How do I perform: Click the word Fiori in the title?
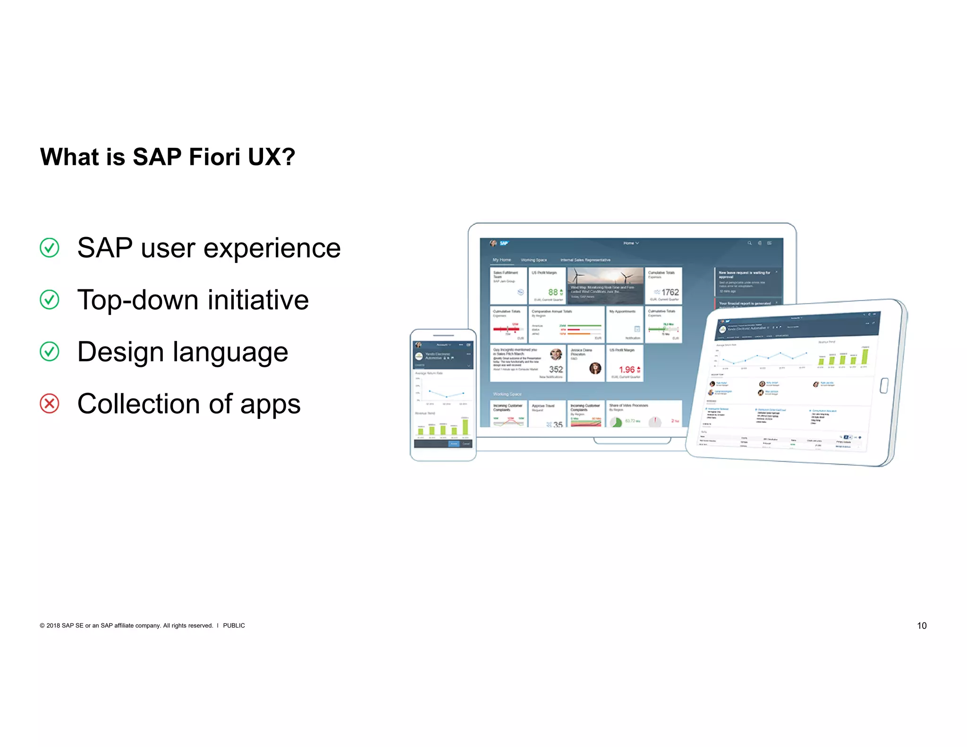pyautogui.click(x=214, y=157)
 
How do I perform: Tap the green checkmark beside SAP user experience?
pyautogui.click(x=50, y=247)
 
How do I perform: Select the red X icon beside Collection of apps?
pyautogui.click(x=50, y=404)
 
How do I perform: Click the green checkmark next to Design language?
pyautogui.click(x=50, y=352)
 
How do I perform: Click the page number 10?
pyautogui.click(x=921, y=626)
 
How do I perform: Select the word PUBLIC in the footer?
pyautogui.click(x=234, y=626)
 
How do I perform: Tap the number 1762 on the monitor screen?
pyautogui.click(x=670, y=292)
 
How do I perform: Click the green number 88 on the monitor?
pyautogui.click(x=552, y=292)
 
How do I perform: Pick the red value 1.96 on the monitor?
pyautogui.click(x=627, y=370)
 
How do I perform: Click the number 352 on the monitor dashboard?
pyautogui.click(x=555, y=370)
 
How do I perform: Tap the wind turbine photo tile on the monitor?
pyautogui.click(x=605, y=285)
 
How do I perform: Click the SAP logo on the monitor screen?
pyautogui.click(x=504, y=243)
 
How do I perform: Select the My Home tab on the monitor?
pyautogui.click(x=501, y=260)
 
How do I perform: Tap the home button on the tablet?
pyautogui.click(x=884, y=385)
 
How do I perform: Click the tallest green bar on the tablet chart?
pyautogui.click(x=865, y=355)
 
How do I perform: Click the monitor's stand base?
pyautogui.click(x=632, y=441)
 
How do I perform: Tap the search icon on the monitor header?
pyautogui.click(x=749, y=243)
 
